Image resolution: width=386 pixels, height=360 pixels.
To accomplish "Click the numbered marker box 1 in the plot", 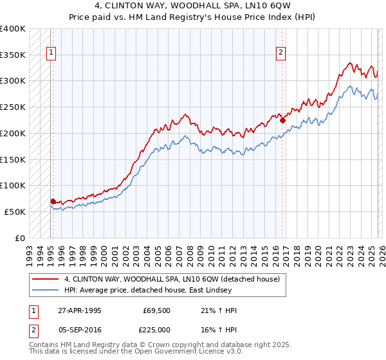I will click(x=51, y=53).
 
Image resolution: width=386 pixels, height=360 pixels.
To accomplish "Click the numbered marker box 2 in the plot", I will click(x=281, y=53).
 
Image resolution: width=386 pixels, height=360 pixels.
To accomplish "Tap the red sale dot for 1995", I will click(x=53, y=201).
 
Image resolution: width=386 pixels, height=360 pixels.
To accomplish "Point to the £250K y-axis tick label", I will click(x=13, y=107).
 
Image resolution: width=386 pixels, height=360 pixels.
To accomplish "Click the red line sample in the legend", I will click(x=45, y=280).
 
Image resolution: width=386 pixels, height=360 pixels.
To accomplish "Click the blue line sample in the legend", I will click(x=45, y=291).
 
